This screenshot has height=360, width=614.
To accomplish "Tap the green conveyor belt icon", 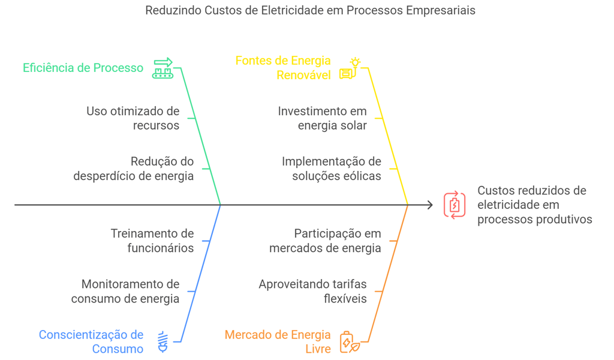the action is (x=163, y=68).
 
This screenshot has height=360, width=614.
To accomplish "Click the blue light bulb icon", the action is (x=163, y=341).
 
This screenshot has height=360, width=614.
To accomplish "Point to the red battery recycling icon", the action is (x=455, y=205).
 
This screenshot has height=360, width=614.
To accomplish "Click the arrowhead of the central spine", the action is (x=430, y=205).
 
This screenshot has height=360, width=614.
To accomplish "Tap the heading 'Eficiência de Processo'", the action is (x=83, y=68).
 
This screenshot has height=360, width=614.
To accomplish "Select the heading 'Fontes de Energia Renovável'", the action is (x=283, y=68).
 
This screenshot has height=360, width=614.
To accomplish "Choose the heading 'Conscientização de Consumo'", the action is (x=91, y=341).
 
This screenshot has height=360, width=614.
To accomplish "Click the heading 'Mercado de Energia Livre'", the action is (x=278, y=341).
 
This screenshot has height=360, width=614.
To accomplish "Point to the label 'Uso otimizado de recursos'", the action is (x=133, y=118).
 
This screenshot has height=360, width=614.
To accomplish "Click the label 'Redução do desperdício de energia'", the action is (x=134, y=169).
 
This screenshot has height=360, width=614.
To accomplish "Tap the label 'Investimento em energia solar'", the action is (x=322, y=118).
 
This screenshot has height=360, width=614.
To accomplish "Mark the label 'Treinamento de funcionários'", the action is (x=152, y=241).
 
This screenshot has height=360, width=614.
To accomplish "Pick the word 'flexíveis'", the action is (x=345, y=298).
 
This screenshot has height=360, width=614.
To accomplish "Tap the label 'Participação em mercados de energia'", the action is (x=325, y=241).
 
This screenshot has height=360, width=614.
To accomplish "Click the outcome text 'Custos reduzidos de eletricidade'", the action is (x=532, y=197).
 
